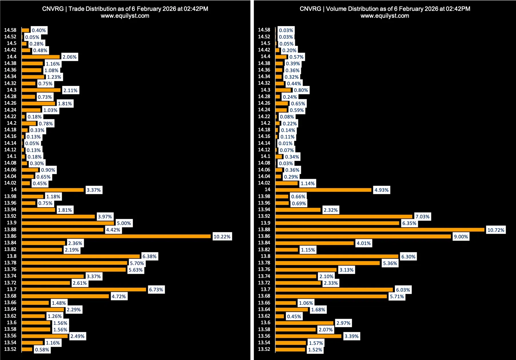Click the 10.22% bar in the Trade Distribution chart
coord(116,236)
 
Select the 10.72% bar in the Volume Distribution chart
coord(380,230)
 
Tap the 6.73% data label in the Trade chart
coord(156,290)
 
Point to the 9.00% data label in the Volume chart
coord(461,237)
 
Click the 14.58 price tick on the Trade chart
coord(10,30)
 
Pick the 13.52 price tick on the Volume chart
coord(264,349)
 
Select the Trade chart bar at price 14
coord(53,190)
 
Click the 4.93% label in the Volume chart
coord(382,190)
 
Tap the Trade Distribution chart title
coord(125,9)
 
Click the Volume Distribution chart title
coord(385,9)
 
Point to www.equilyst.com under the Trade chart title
coord(125,16)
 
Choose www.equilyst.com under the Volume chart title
coord(385,16)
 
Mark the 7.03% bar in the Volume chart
coord(344,217)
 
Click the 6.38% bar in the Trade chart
coord(81,256)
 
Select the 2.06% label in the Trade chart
coord(70,57)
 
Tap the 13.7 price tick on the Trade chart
coord(12,289)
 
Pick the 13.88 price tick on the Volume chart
coord(264,230)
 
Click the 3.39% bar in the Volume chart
coord(308,336)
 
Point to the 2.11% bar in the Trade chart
coord(41,90)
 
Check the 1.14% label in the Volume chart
coord(307,183)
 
